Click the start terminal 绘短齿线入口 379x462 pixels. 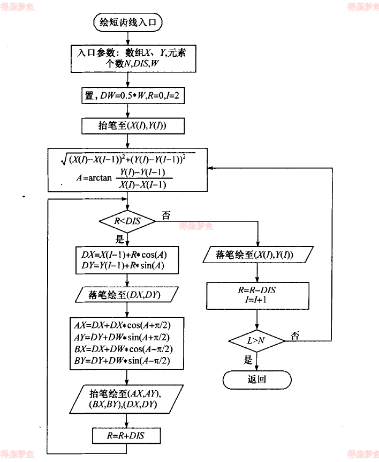127,23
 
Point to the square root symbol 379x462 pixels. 65,159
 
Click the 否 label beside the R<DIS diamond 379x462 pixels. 166,215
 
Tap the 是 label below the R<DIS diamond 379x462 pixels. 119,240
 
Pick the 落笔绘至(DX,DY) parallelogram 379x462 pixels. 125,295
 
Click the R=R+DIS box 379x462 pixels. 126,436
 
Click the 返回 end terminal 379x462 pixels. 257,379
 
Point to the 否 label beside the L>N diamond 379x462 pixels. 295,336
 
